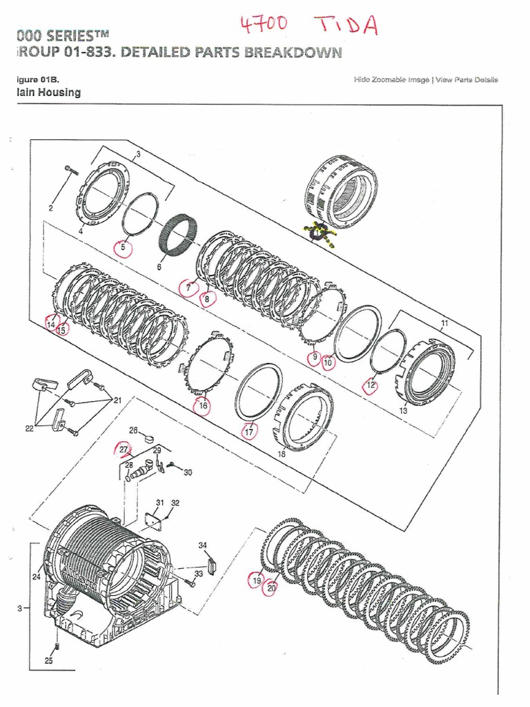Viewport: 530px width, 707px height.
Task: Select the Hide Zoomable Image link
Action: click(x=391, y=80)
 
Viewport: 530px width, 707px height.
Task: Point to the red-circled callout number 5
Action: click(x=124, y=246)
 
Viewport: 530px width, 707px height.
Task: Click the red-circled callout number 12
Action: click(x=371, y=385)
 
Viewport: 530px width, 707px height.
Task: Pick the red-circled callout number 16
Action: click(x=202, y=406)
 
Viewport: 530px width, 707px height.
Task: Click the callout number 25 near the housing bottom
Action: click(x=48, y=661)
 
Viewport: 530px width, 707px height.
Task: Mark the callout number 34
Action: click(x=203, y=546)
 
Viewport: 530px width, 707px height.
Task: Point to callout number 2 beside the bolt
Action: click(x=50, y=207)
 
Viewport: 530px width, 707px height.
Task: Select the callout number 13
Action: click(x=403, y=410)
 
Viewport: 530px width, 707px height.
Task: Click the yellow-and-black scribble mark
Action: click(x=319, y=234)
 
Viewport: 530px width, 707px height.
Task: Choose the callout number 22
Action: click(x=29, y=429)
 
